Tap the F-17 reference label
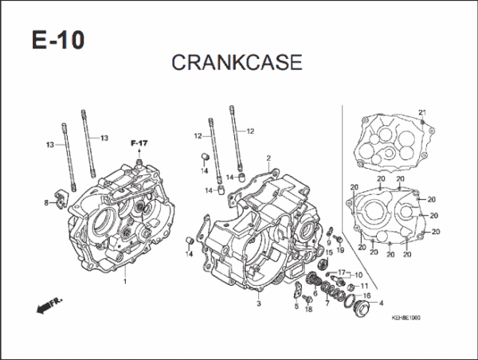click(x=139, y=143)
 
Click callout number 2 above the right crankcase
click(x=268, y=158)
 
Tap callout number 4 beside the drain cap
click(x=379, y=303)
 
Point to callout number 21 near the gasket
click(x=422, y=111)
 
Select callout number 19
click(x=339, y=250)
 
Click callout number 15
click(x=324, y=252)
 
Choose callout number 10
click(x=358, y=275)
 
